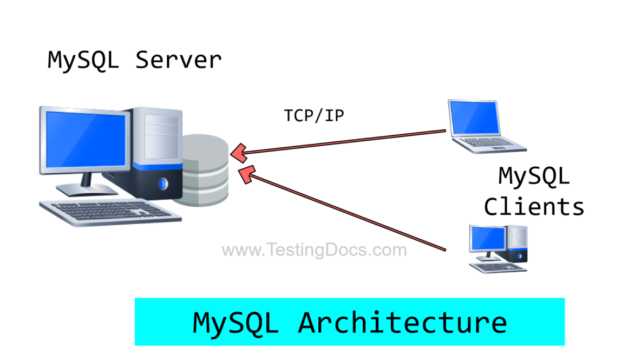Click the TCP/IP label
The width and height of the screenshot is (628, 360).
[x=314, y=115]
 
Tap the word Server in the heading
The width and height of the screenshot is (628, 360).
[x=178, y=60]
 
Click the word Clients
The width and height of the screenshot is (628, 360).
[x=534, y=207]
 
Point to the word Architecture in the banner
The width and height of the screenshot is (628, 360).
[x=402, y=322]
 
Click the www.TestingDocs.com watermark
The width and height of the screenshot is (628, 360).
[x=314, y=250]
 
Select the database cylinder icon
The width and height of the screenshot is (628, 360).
[x=205, y=171]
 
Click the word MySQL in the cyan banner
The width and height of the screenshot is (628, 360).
[x=235, y=322]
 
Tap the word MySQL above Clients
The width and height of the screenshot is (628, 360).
[x=534, y=176]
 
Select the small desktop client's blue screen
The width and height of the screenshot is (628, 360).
[x=487, y=238]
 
